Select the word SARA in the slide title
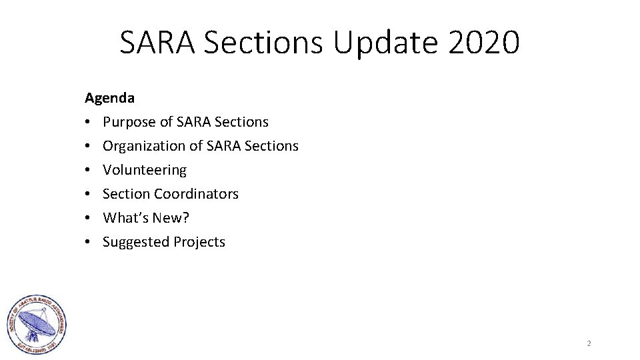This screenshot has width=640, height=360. pos(157,43)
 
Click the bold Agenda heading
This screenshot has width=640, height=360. pos(109,98)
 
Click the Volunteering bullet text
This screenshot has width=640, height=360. pos(145,170)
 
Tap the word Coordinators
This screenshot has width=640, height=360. pos(196,194)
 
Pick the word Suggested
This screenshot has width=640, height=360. pos(136,242)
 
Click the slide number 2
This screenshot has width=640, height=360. pos(589,343)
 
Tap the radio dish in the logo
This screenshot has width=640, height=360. pos(35,325)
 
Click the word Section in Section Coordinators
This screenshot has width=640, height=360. pos(126,194)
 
